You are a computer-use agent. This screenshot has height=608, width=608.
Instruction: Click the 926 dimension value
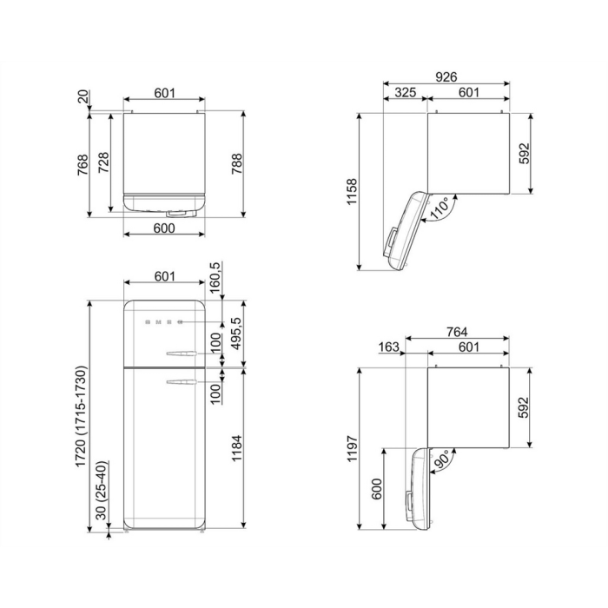pos(446,76)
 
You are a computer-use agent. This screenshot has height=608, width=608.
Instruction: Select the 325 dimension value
pos(406,92)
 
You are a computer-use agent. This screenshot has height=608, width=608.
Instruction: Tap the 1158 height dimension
pos(352,192)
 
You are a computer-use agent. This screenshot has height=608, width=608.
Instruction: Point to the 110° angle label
pos(441,208)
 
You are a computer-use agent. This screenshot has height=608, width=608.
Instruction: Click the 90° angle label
pos(441,459)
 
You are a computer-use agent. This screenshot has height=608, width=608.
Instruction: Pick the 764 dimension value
pos(457,332)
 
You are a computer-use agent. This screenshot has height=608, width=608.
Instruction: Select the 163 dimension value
pos(388,347)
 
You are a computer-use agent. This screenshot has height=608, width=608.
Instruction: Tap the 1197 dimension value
pos(352,448)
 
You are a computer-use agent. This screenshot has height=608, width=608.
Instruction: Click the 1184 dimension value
pos(236,448)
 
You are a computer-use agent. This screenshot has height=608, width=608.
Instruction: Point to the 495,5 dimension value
pos(236,334)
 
